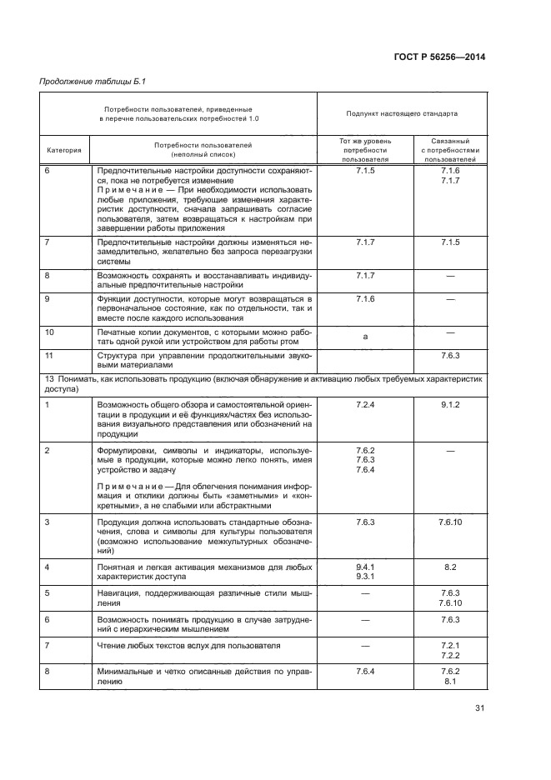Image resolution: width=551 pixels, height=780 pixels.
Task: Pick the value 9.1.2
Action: [451, 403]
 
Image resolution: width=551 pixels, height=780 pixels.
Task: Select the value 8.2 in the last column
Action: [451, 567]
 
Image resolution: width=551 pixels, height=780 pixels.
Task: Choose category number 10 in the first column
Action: [49, 332]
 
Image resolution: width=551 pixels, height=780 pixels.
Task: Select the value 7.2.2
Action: [451, 656]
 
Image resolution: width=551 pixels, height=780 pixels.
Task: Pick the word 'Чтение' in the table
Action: [113, 646]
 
